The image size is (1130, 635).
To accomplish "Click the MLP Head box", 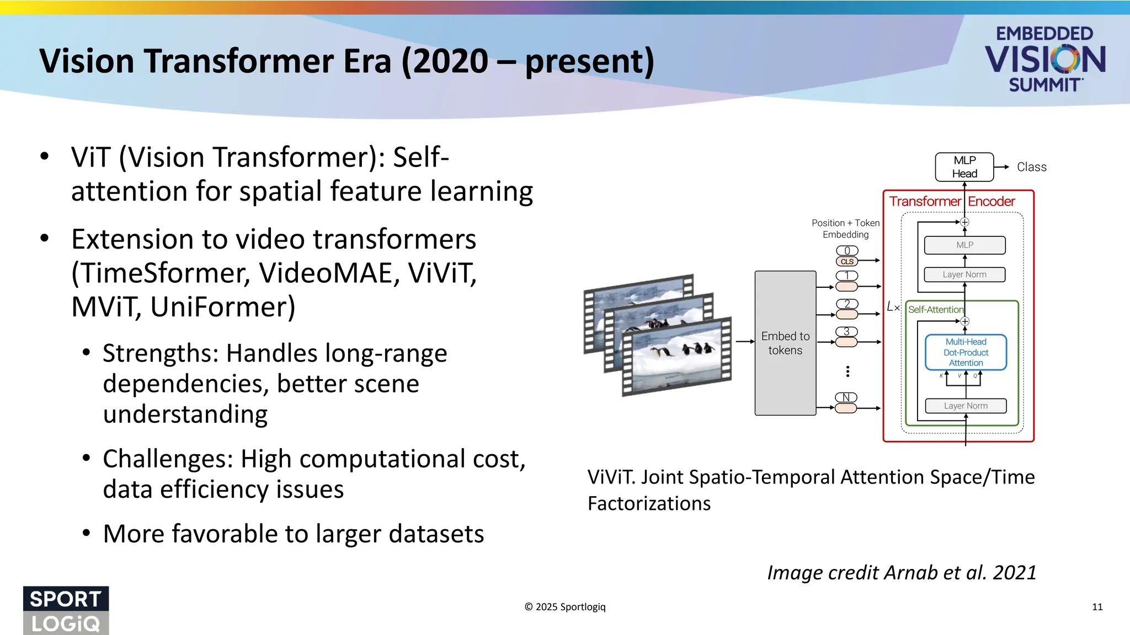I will pyautogui.click(x=964, y=167).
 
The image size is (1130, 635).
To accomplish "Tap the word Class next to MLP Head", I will pyautogui.click(x=1031, y=167).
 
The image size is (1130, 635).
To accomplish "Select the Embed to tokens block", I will pyautogui.click(x=785, y=343).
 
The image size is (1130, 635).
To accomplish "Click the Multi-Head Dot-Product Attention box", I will pyautogui.click(x=966, y=352).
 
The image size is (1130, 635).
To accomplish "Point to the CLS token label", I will pyautogui.click(x=847, y=262).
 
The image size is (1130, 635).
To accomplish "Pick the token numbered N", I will pyautogui.click(x=846, y=397).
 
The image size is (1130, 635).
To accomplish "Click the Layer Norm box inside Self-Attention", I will pyautogui.click(x=966, y=406).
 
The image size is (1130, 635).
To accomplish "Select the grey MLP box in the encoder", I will pyautogui.click(x=964, y=245).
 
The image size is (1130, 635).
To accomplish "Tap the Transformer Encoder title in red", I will pyautogui.click(x=952, y=202).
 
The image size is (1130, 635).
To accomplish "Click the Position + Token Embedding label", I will pyautogui.click(x=845, y=229).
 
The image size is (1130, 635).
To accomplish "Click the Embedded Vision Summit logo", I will pyautogui.click(x=1044, y=59).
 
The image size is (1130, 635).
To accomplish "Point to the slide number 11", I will pyautogui.click(x=1097, y=607).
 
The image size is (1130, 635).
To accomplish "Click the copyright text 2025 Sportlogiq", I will pyautogui.click(x=565, y=607).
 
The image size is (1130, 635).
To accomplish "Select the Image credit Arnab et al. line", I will pyautogui.click(x=902, y=573).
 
